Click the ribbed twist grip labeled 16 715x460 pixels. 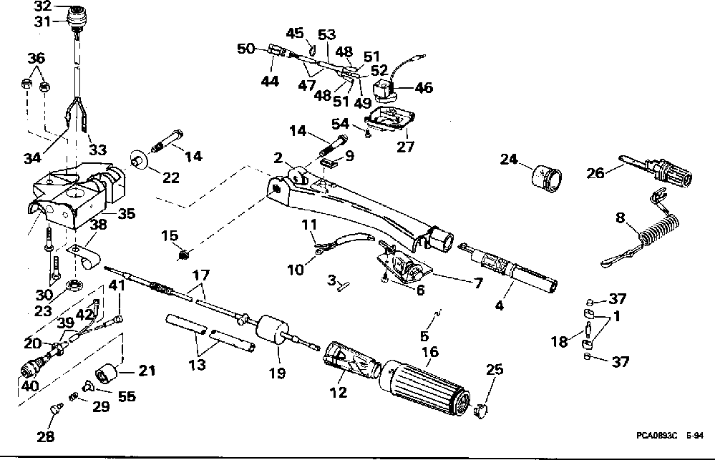pyautogui.click(x=423, y=390)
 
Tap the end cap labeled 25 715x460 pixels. pyautogui.click(x=481, y=410)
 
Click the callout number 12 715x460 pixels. pyautogui.click(x=338, y=392)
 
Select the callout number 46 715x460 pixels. pyautogui.click(x=423, y=88)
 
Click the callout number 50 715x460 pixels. pyautogui.click(x=245, y=48)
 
